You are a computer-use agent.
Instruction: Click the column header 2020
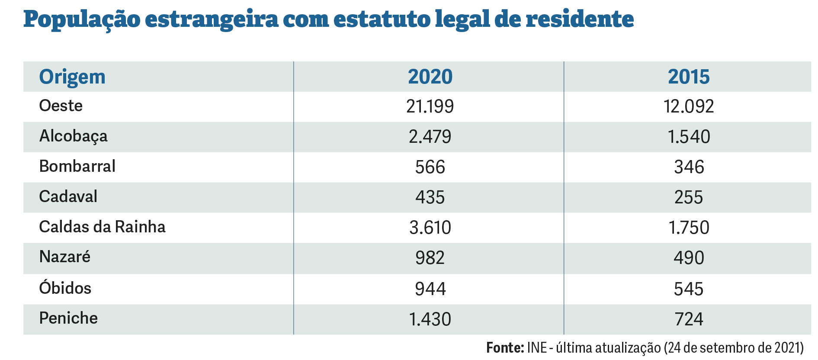click(430, 77)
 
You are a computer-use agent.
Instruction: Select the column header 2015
click(688, 77)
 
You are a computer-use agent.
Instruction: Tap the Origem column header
click(72, 77)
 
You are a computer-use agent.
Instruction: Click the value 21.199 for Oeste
click(430, 106)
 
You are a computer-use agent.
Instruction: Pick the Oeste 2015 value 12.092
click(688, 106)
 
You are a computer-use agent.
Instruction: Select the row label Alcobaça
click(73, 136)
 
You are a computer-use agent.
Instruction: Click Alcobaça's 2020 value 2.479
click(430, 137)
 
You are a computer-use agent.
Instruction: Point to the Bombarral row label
click(77, 167)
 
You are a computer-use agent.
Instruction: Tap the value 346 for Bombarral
click(688, 167)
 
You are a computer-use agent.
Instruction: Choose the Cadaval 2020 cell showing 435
click(430, 197)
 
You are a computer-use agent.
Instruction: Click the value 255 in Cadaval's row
click(688, 197)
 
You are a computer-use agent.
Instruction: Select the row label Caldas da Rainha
click(102, 227)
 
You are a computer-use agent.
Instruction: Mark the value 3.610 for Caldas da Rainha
click(430, 228)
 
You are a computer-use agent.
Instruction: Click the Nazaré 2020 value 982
click(430, 258)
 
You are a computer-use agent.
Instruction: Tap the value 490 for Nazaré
click(688, 258)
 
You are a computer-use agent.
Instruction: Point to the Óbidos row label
click(65, 288)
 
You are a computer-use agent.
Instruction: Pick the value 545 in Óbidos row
click(688, 289)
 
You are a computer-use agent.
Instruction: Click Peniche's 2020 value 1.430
click(430, 319)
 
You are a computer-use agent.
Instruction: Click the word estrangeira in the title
click(211, 20)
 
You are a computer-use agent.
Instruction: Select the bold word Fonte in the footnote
click(504, 348)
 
